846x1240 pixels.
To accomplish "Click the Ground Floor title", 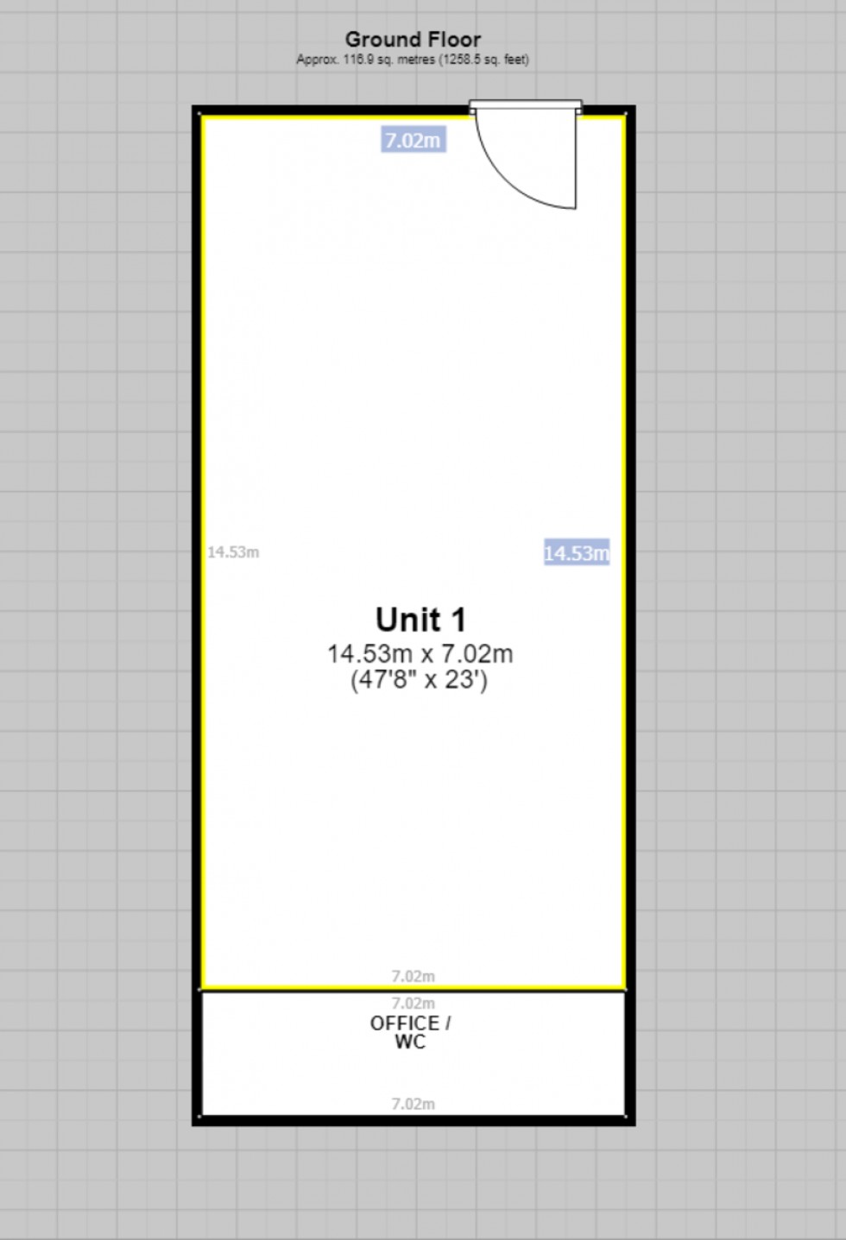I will click(x=413, y=40).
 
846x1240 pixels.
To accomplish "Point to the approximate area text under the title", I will click(x=413, y=60).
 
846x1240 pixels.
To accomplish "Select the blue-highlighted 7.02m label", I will click(x=413, y=140).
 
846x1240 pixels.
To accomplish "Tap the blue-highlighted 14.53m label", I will click(x=576, y=553).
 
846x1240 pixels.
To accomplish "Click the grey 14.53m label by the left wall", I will click(x=233, y=552).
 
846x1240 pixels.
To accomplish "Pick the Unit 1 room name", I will click(x=420, y=620).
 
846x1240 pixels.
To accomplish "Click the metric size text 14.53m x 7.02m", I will click(x=420, y=654).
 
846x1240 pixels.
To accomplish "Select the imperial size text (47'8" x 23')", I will click(x=420, y=680).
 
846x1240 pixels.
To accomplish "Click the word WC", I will click(x=410, y=1042).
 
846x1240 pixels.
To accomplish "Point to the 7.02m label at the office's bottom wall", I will click(x=413, y=1104).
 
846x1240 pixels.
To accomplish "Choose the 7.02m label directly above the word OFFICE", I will click(x=413, y=1004).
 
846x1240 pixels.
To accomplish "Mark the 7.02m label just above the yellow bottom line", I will click(x=413, y=977).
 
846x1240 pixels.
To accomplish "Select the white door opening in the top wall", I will click(x=525, y=108).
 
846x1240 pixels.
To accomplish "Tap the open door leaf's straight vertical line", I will click(x=575, y=160).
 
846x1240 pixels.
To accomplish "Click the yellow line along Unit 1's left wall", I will click(x=202, y=552).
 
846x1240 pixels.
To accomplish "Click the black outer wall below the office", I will click(x=413, y=1120).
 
